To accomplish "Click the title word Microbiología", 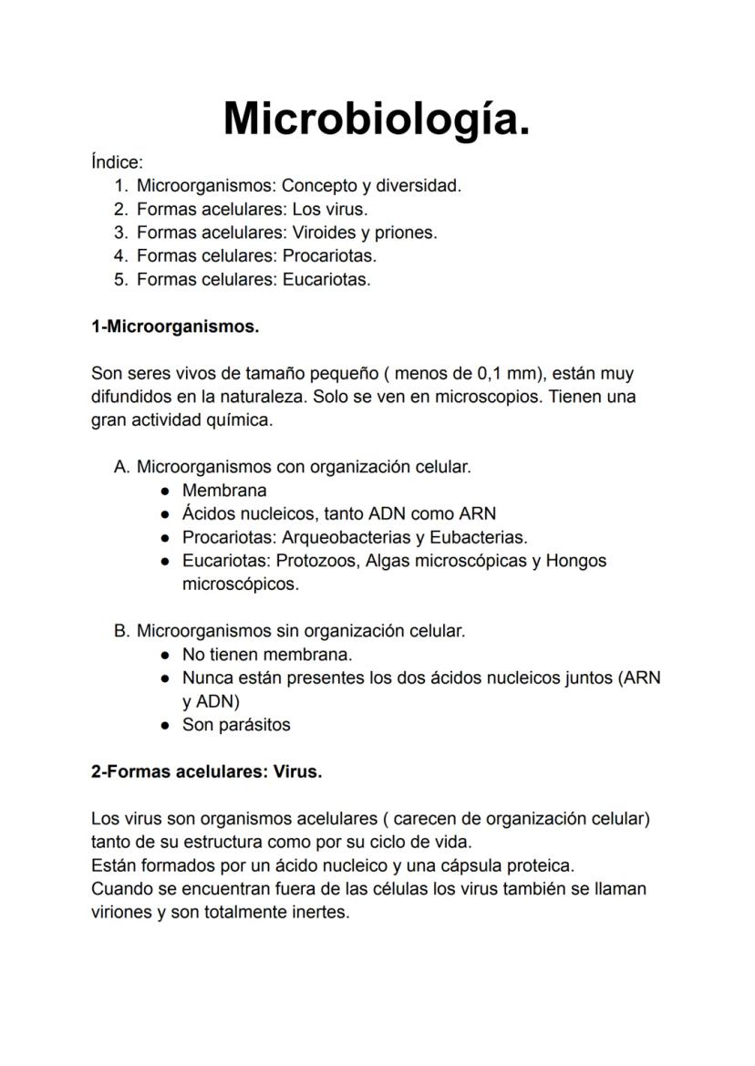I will [x=377, y=118].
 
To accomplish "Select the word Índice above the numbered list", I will [x=116, y=162].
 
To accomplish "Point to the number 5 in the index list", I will [x=119, y=279].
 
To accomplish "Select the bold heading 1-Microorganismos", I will [x=175, y=326].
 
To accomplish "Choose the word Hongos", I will [x=576, y=561].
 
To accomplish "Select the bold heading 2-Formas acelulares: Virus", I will [x=207, y=771].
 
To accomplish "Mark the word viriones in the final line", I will [x=121, y=912].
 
